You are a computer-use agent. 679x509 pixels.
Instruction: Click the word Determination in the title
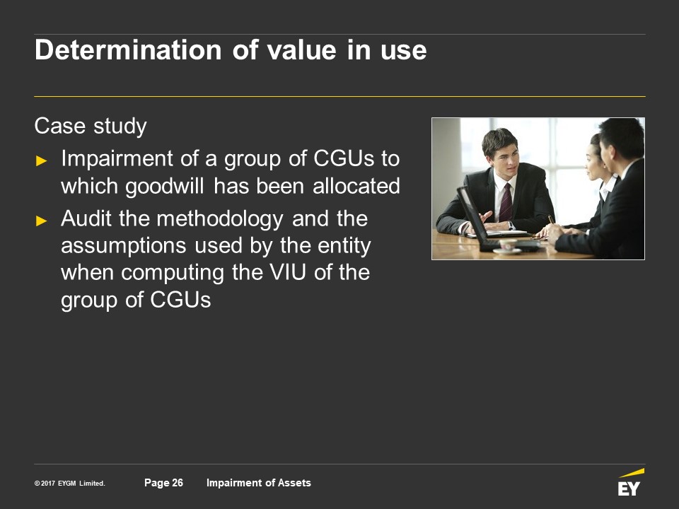click(128, 49)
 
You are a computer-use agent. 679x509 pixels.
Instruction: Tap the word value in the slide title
click(301, 49)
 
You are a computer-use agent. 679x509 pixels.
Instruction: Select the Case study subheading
click(91, 127)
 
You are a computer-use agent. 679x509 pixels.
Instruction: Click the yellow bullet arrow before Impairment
click(42, 161)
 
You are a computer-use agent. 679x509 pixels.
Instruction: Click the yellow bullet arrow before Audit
click(42, 221)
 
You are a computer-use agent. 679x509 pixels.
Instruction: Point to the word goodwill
click(165, 187)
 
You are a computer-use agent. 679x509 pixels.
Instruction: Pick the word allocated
click(356, 186)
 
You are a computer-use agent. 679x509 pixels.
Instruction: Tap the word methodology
click(220, 219)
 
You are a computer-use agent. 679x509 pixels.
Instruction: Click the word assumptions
click(124, 246)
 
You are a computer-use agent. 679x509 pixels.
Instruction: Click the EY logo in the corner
click(630, 482)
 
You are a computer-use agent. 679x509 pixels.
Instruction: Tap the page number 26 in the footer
click(178, 483)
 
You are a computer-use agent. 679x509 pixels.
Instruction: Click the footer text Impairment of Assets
click(259, 483)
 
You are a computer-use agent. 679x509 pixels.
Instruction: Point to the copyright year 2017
click(47, 484)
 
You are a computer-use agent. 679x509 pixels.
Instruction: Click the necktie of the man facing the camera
click(506, 203)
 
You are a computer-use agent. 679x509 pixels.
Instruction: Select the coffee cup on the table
click(508, 246)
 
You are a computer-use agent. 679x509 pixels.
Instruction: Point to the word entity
click(344, 246)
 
